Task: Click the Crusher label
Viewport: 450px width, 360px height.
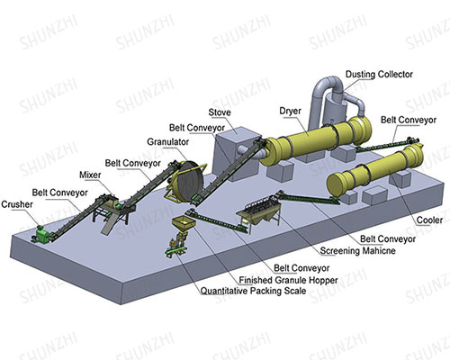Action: point(17,204)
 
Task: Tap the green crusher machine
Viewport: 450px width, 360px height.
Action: point(42,234)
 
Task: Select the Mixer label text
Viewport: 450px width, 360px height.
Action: point(90,175)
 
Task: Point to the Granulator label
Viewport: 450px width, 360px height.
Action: point(168,142)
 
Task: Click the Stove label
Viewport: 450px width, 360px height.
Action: point(220,112)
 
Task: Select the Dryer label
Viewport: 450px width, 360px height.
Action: point(290,111)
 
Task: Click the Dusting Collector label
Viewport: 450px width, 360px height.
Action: point(379,74)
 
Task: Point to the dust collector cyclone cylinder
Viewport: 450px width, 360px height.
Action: point(335,108)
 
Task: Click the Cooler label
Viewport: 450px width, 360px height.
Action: point(429,220)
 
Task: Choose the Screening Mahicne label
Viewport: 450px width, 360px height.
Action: point(357,250)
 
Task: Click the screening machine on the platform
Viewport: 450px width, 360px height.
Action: point(259,213)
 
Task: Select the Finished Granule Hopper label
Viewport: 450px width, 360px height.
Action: point(288,280)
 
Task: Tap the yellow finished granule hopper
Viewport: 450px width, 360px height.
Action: point(183,224)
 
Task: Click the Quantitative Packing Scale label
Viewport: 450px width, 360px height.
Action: point(253,291)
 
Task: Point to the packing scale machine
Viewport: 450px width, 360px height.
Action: point(176,245)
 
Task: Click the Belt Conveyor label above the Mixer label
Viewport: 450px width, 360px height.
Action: point(133,164)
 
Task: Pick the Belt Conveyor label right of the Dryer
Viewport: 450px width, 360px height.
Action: point(409,120)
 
